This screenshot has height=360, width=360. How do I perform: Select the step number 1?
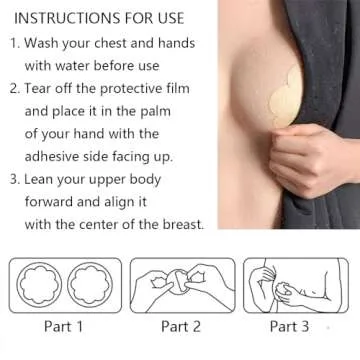13,44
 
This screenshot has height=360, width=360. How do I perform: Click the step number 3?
13,180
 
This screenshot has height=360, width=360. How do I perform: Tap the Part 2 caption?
180,327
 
